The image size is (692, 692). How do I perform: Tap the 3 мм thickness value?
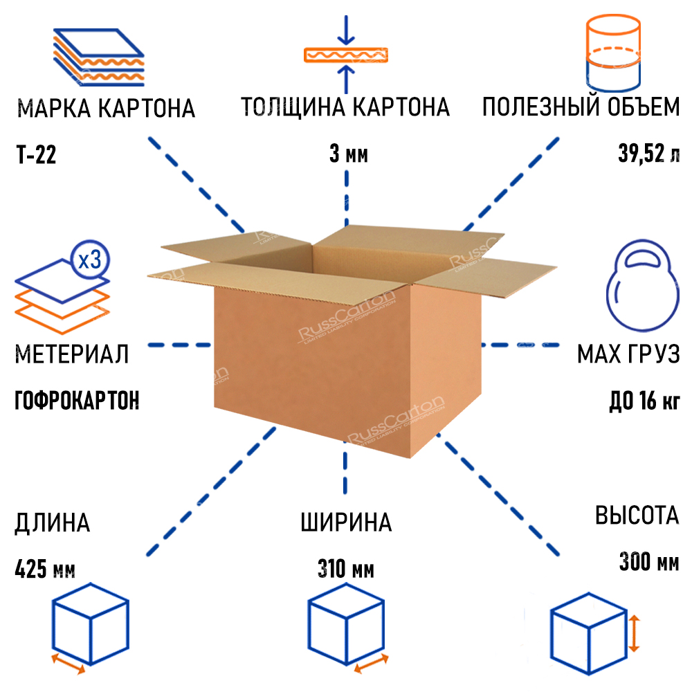349,154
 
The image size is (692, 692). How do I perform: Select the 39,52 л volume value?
648,154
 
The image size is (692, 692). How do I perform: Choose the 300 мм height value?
648,562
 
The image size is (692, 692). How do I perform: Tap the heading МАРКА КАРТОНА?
105,109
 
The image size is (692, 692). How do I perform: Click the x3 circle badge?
90,260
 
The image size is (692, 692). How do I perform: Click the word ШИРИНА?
346,522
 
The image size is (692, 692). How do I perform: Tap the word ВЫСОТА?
637,516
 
